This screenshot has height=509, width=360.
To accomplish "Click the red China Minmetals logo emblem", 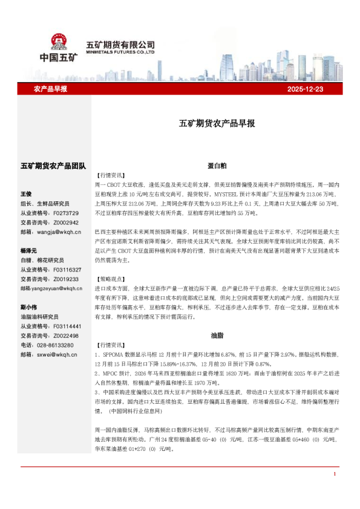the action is coord(59,42).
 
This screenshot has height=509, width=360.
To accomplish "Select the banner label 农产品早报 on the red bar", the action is coord(50,89).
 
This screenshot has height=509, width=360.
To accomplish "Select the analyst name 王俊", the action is coord(26,194).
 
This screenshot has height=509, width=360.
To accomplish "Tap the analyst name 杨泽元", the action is coord(28,250).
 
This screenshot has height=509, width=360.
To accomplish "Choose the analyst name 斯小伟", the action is coord(28,306).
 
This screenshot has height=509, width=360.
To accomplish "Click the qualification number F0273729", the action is coord(66,213).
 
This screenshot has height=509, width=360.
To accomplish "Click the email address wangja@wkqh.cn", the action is coord(59,232).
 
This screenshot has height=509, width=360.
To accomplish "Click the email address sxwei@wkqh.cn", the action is coord(57,354).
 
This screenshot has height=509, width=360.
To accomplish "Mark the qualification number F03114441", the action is coord(67,326).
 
